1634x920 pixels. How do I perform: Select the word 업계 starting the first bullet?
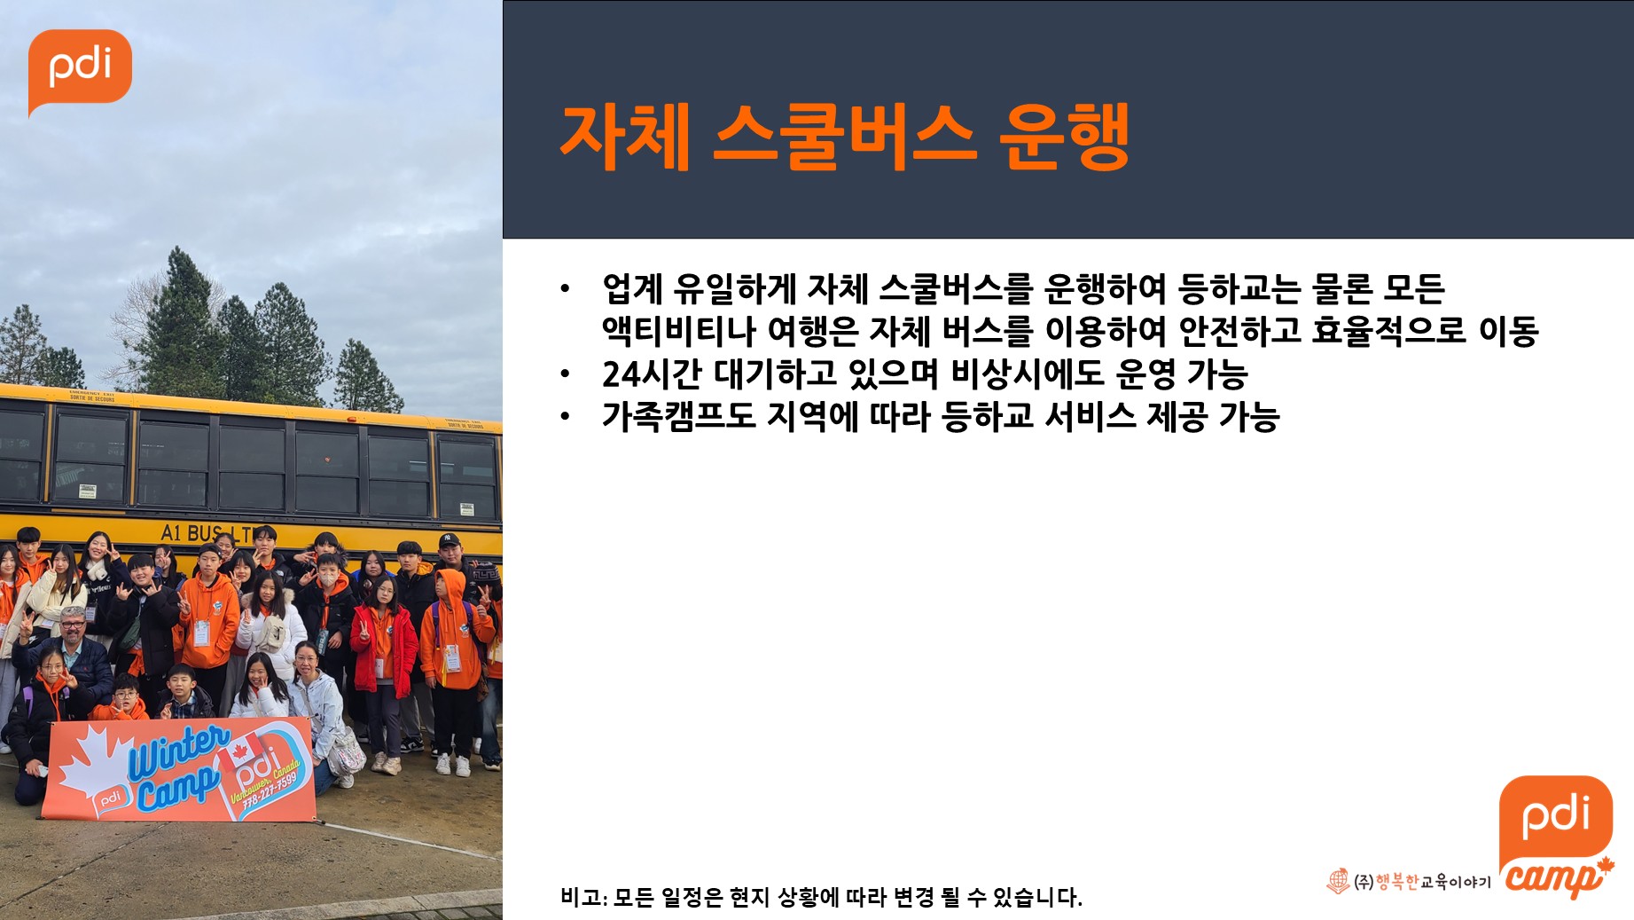[632, 288]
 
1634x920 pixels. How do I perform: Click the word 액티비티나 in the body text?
[678, 331]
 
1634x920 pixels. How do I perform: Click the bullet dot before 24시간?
[565, 375]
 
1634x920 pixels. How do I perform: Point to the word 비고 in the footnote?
[580, 897]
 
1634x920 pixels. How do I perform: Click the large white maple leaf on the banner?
[93, 759]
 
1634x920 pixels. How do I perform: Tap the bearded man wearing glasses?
[75, 652]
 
